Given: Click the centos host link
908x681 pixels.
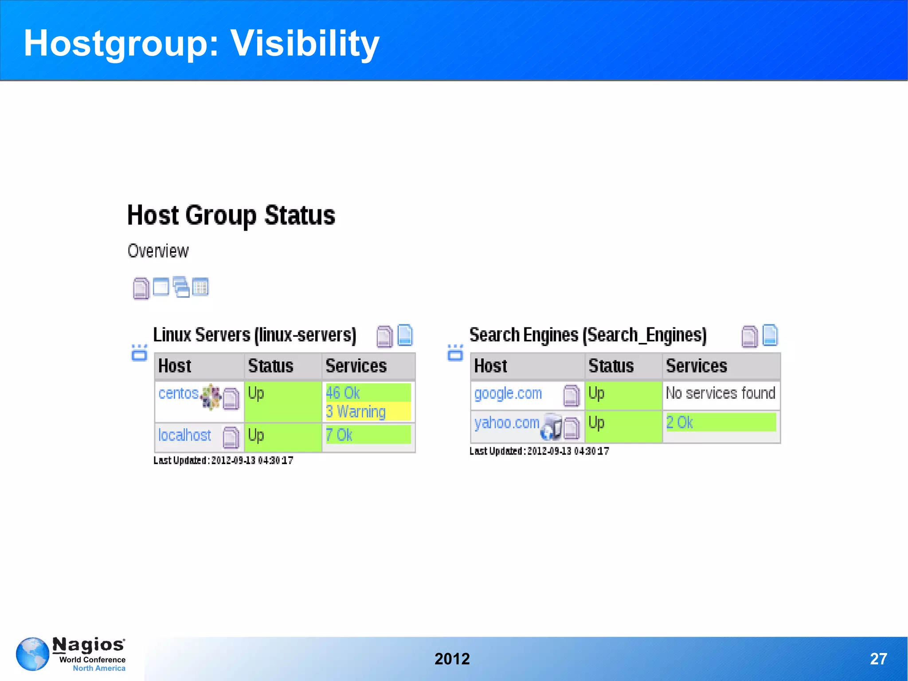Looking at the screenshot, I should tap(178, 394).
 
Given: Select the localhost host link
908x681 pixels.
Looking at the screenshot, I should tap(184, 435).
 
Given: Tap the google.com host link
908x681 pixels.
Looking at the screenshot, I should tap(508, 394).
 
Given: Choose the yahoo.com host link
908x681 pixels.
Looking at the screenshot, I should tap(507, 423).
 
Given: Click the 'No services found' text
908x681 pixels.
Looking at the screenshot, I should tap(720, 393).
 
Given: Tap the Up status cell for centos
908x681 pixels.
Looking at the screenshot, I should tap(282, 401).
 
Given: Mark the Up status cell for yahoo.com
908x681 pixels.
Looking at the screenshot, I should tap(623, 426).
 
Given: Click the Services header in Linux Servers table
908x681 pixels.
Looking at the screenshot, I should tap(356, 366).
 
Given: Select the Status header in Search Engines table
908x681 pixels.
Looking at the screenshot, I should tap(611, 366).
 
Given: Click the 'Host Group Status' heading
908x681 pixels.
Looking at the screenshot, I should tap(231, 216).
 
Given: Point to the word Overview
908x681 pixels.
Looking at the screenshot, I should tap(158, 251).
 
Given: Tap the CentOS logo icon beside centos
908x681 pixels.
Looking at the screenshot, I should tap(211, 396).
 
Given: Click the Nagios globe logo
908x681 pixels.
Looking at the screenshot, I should tap(32, 654).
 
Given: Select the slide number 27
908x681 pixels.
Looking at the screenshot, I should tap(878, 659).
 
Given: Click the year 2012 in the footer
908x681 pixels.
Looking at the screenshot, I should tap(452, 659).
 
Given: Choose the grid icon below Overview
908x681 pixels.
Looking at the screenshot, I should tap(200, 287).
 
